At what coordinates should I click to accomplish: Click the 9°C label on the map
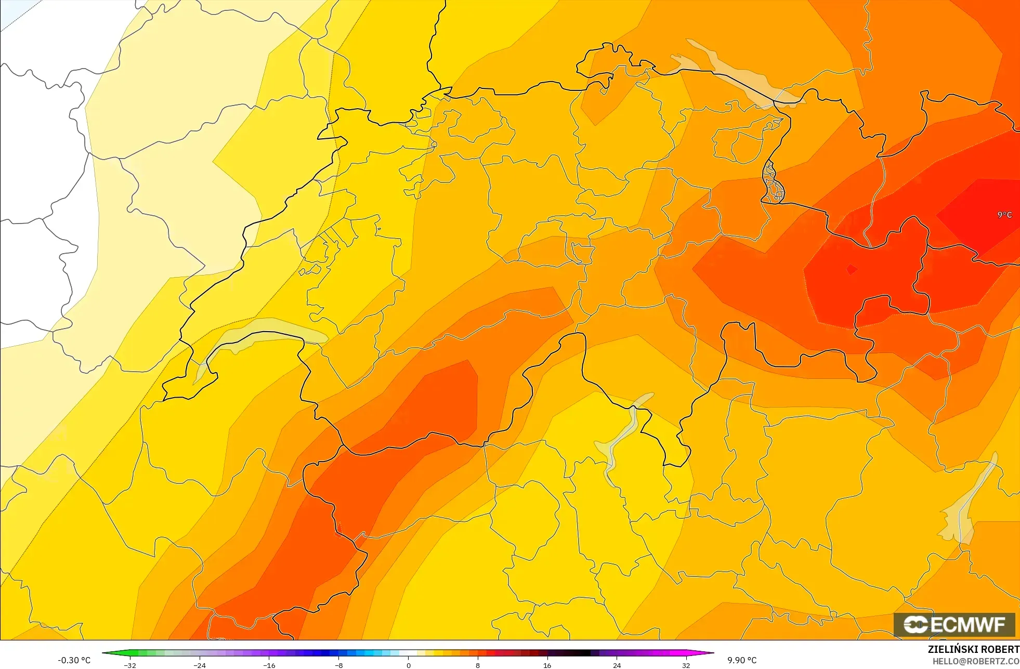tap(1004, 215)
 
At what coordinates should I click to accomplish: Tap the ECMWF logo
tap(954, 625)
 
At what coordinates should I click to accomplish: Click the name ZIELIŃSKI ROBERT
tap(973, 649)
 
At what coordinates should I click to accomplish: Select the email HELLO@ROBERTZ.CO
tap(975, 661)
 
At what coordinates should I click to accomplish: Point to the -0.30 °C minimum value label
tap(74, 660)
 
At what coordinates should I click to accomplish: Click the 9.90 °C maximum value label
tap(742, 660)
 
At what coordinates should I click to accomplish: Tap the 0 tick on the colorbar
tap(408, 665)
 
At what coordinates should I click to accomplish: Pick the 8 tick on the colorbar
tap(478, 665)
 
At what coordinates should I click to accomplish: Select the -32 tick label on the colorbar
tap(129, 665)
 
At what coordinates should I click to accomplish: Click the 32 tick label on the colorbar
tap(686, 665)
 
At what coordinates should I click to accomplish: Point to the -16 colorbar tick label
tap(268, 665)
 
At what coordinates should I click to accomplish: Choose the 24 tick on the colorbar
tap(617, 665)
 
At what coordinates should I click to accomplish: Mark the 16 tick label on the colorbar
tap(547, 665)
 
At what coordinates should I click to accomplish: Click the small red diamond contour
tap(851, 269)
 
